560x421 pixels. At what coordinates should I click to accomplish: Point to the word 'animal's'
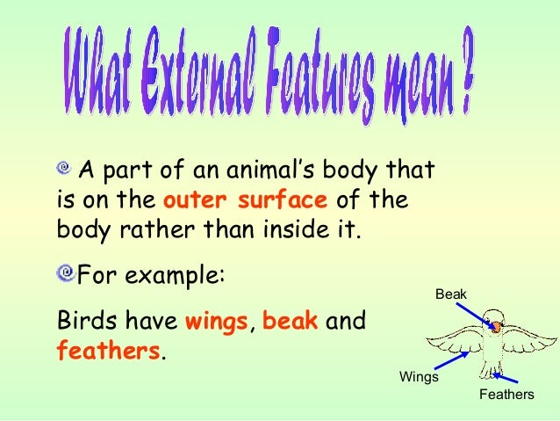pyautogui.click(x=274, y=168)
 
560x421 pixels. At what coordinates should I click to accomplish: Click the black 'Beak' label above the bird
pyautogui.click(x=451, y=294)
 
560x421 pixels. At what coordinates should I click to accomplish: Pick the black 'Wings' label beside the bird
pyautogui.click(x=419, y=377)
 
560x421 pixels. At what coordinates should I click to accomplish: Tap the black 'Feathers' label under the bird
pyautogui.click(x=506, y=395)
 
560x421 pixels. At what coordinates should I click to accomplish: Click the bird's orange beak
pyautogui.click(x=496, y=327)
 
